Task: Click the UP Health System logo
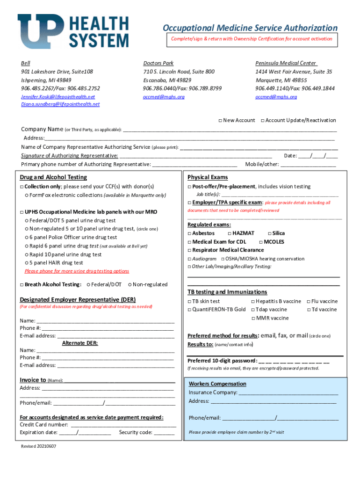73,30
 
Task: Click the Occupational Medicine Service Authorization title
250,28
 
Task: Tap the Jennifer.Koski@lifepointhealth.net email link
58,97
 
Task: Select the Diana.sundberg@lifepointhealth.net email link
60,104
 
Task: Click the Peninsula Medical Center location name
286,63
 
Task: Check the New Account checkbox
220,121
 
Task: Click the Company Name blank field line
229,129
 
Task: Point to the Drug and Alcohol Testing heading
53,177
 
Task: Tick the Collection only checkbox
22,187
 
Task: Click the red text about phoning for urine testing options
77,271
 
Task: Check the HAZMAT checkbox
229,233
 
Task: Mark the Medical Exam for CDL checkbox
189,242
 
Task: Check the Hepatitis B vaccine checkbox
253,302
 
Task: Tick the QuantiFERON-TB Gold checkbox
189,310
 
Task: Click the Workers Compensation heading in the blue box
217,384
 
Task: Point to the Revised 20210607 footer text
38,446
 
